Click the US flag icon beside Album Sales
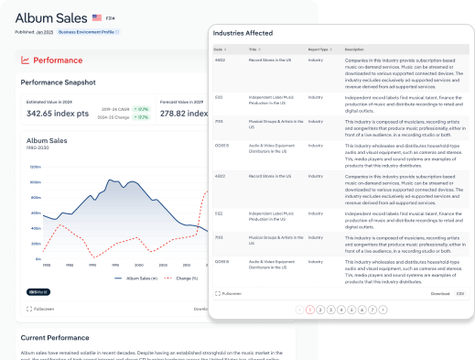coord(96,16)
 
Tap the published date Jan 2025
coord(45,31)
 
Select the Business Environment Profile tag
coord(89,31)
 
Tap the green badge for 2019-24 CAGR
coord(141,108)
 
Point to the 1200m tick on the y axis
coord(36,168)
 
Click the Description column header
coord(355,49)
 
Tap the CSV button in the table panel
coord(460,294)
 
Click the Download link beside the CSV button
coord(440,294)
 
